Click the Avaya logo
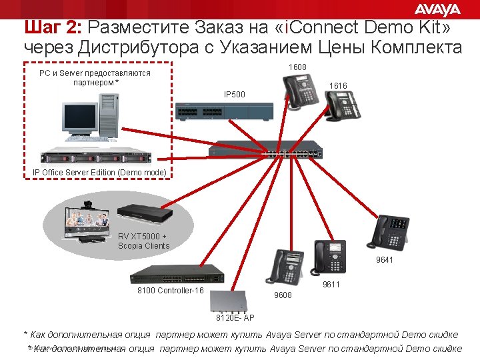click(437, 9)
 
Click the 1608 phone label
click(297, 67)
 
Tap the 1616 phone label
click(338, 86)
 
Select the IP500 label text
click(234, 95)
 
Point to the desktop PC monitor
click(80, 118)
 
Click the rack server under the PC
click(96, 157)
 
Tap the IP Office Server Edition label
click(99, 173)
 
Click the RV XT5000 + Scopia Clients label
click(143, 241)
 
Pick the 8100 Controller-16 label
click(170, 291)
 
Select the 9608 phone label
click(283, 294)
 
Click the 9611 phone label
click(331, 285)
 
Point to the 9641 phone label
click(385, 259)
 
